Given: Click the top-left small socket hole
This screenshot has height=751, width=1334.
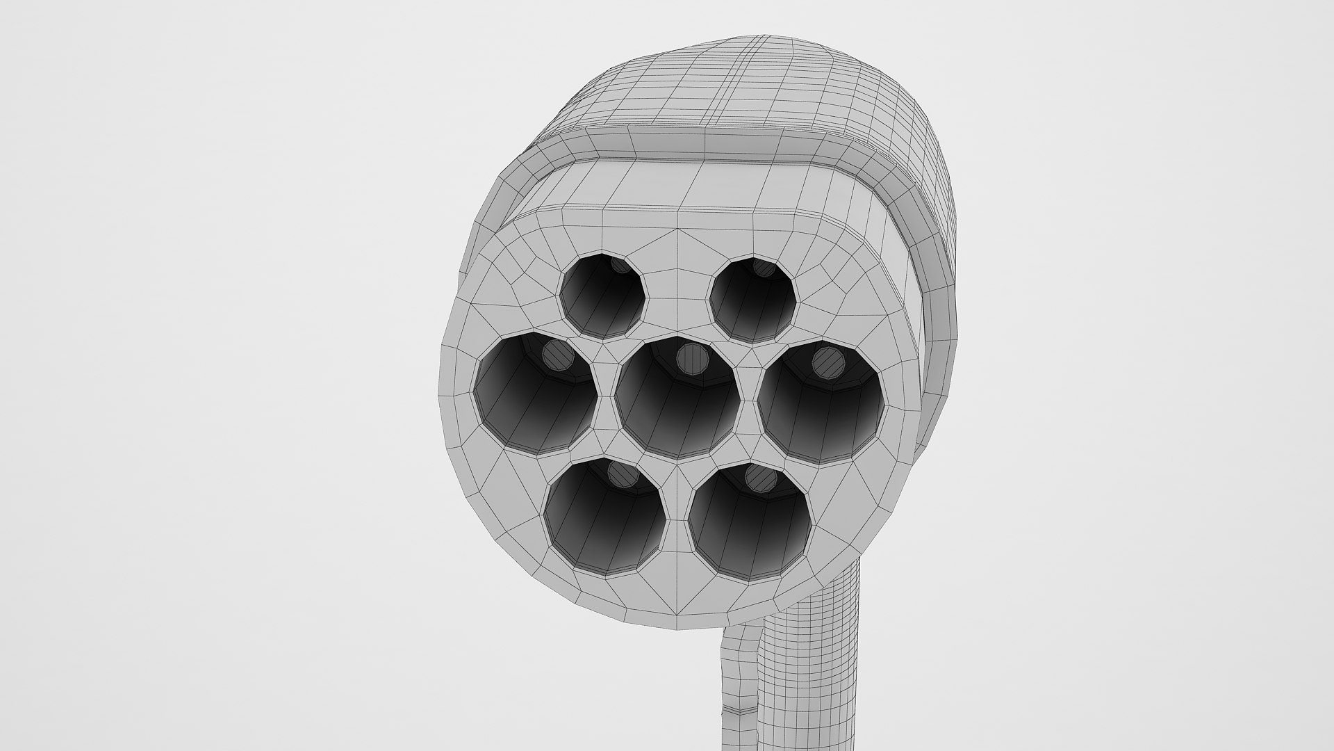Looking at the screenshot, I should tap(602, 298).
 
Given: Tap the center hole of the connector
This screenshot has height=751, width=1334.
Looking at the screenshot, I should tap(677, 400).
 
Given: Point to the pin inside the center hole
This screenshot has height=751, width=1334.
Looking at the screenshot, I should tap(692, 360).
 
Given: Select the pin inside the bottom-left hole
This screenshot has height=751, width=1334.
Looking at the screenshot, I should tap(623, 474).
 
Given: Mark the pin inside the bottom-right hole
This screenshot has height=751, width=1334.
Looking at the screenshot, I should tap(761, 478).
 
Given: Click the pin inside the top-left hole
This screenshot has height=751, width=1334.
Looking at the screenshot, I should tap(618, 265).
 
